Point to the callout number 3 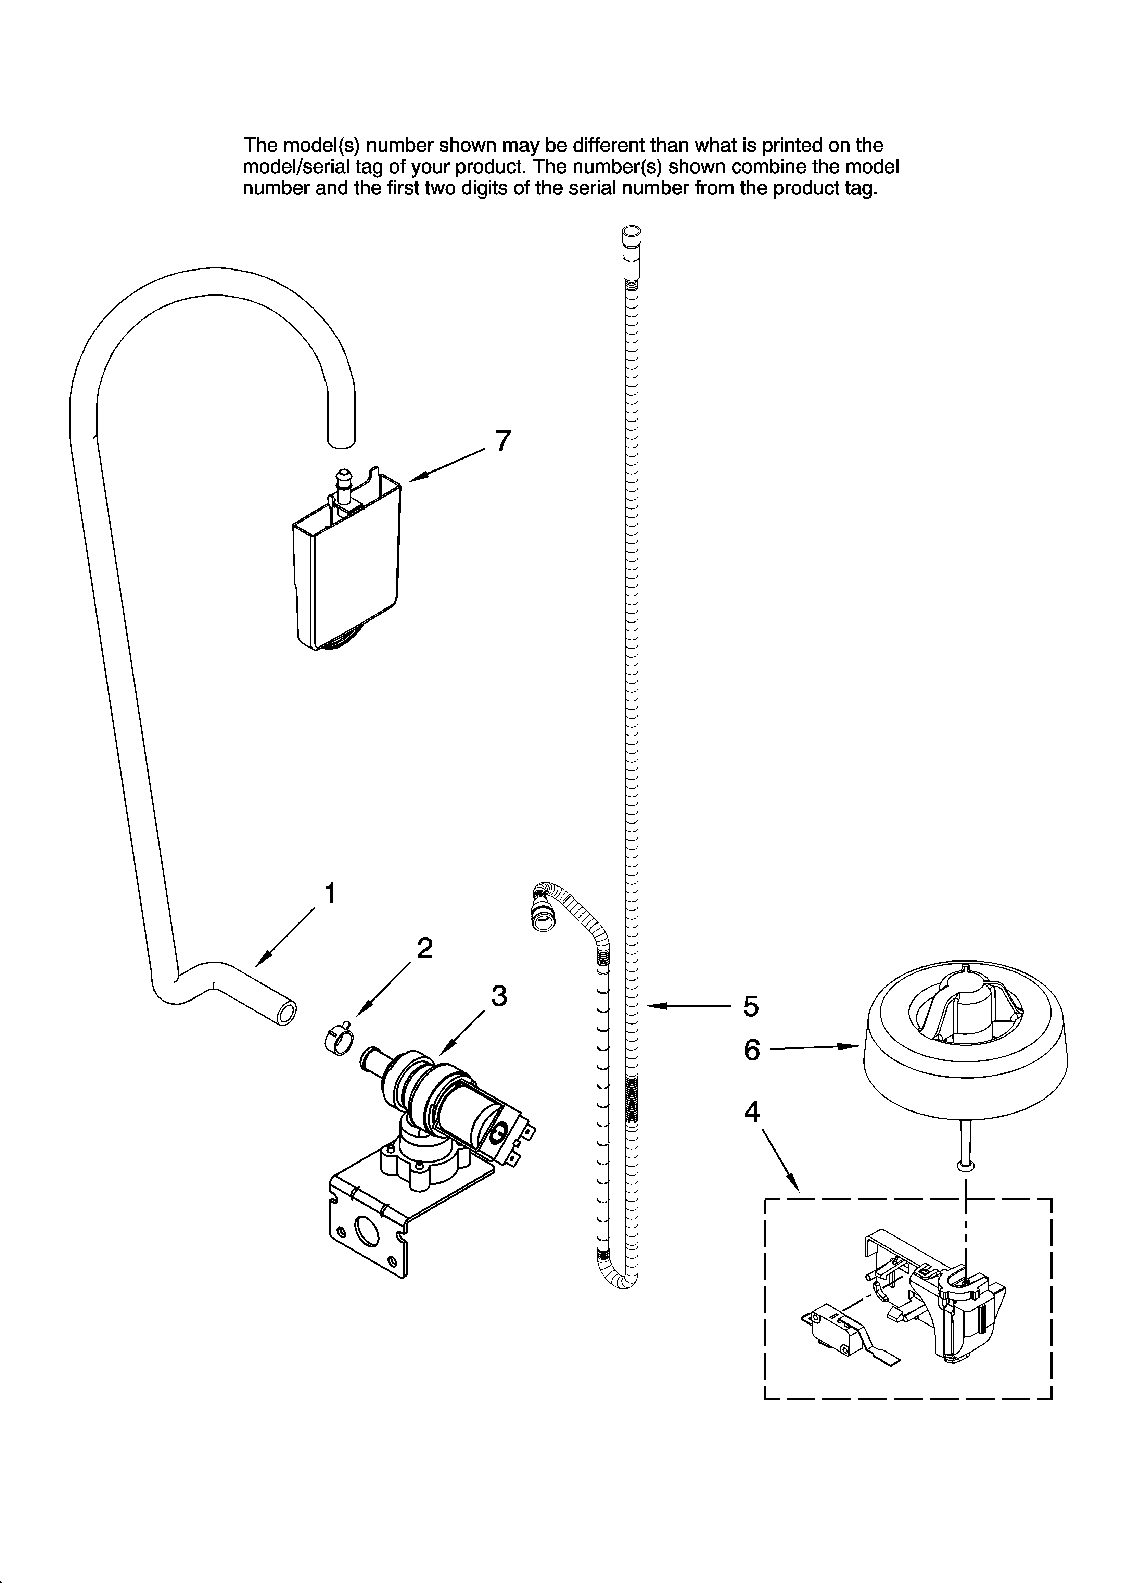coord(498,996)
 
